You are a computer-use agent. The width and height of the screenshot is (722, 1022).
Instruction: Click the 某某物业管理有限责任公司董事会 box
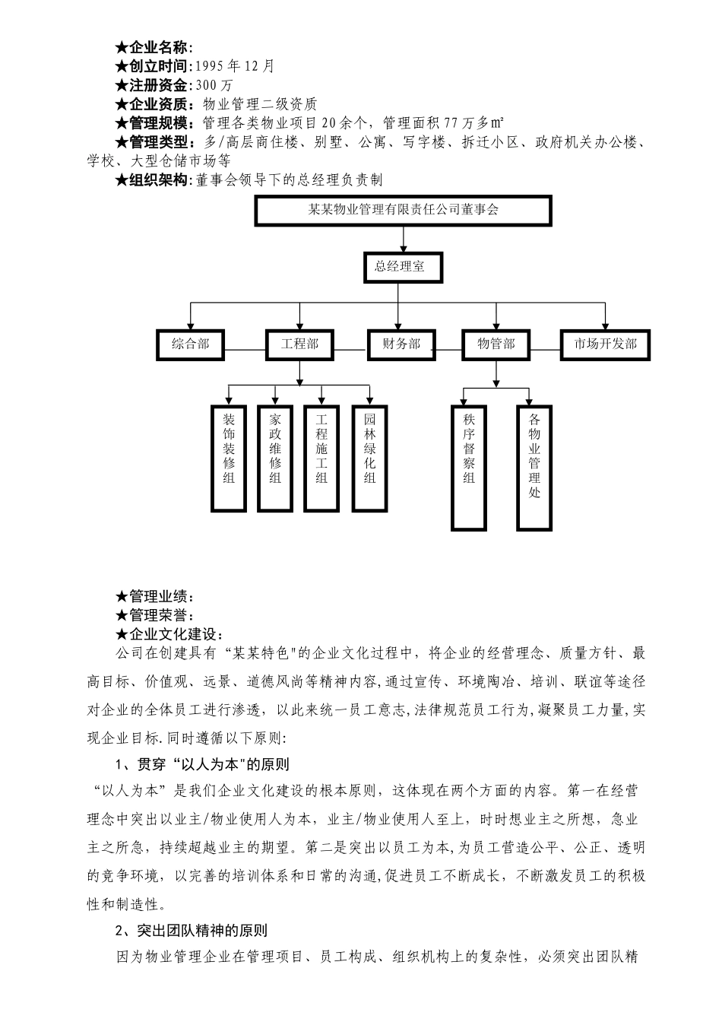tap(403, 211)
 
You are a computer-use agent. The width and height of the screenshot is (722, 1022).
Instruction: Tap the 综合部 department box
tap(190, 344)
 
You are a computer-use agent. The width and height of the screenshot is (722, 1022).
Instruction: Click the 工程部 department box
tap(299, 344)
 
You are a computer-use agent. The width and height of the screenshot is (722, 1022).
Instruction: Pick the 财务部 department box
tap(402, 344)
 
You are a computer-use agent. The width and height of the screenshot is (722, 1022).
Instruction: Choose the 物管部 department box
tap(496, 344)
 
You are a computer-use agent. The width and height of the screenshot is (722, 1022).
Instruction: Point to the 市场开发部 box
tap(605, 344)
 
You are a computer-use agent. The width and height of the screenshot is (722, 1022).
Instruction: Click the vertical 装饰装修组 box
tap(229, 458)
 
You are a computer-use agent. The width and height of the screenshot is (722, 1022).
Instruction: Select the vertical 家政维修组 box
tap(274, 458)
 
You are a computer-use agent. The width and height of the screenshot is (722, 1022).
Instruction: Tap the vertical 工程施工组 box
tap(321, 458)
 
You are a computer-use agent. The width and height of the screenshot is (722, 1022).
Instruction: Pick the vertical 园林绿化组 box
tap(369, 458)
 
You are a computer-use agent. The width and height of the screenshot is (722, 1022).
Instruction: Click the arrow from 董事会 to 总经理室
tap(403, 239)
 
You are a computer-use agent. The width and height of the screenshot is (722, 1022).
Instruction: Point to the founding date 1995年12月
tap(235, 66)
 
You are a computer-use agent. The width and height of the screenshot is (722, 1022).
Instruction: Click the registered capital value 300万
tap(214, 85)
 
